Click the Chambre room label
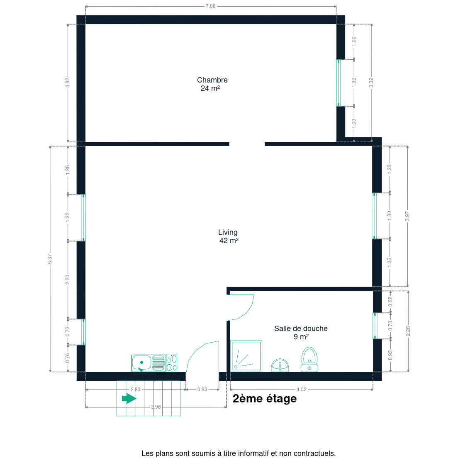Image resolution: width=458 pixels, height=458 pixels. coord(212,84)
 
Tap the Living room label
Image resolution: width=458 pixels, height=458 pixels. coord(228,236)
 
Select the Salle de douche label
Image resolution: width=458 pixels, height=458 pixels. coord(301,332)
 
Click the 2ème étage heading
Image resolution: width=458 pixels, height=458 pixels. coord(265,399)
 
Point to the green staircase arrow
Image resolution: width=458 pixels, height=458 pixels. coord(129,398)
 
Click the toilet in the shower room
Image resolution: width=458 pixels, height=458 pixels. coord(309,359)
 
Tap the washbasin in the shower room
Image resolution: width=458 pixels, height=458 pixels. coord(280,365)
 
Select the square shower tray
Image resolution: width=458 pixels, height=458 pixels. coord(246,356)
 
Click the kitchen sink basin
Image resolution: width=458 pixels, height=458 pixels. coord(141,363)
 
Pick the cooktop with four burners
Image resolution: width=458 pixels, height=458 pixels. coord(172,363)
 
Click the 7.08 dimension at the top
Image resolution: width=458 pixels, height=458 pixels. coord(211,6)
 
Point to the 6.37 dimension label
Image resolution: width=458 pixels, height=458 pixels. coord(50,259)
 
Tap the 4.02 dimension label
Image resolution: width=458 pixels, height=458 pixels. coord(302,390)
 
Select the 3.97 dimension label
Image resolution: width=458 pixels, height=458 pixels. coord(407,216)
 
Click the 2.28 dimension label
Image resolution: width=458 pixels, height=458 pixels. coord(408,331)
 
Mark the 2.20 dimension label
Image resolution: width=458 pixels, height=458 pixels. coord(68,280)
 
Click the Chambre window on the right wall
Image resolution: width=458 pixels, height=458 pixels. coord(339,83)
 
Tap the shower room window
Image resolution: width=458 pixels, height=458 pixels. coord(375,326)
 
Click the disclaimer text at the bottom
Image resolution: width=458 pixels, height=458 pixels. coord(239,453)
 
